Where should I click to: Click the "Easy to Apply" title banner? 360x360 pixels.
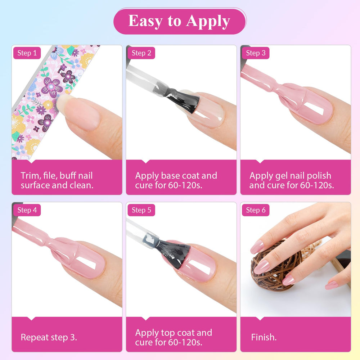click(180, 21)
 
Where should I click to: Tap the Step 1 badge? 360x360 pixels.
click(27, 53)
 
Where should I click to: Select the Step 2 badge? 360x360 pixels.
click(141, 53)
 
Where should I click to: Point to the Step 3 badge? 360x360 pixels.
click(256, 53)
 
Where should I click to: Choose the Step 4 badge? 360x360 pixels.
click(27, 210)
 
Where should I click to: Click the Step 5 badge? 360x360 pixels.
click(141, 210)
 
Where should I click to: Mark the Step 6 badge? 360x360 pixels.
click(256, 210)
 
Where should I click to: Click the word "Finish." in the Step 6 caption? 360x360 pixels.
click(264, 337)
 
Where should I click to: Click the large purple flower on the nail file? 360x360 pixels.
click(52, 87)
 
